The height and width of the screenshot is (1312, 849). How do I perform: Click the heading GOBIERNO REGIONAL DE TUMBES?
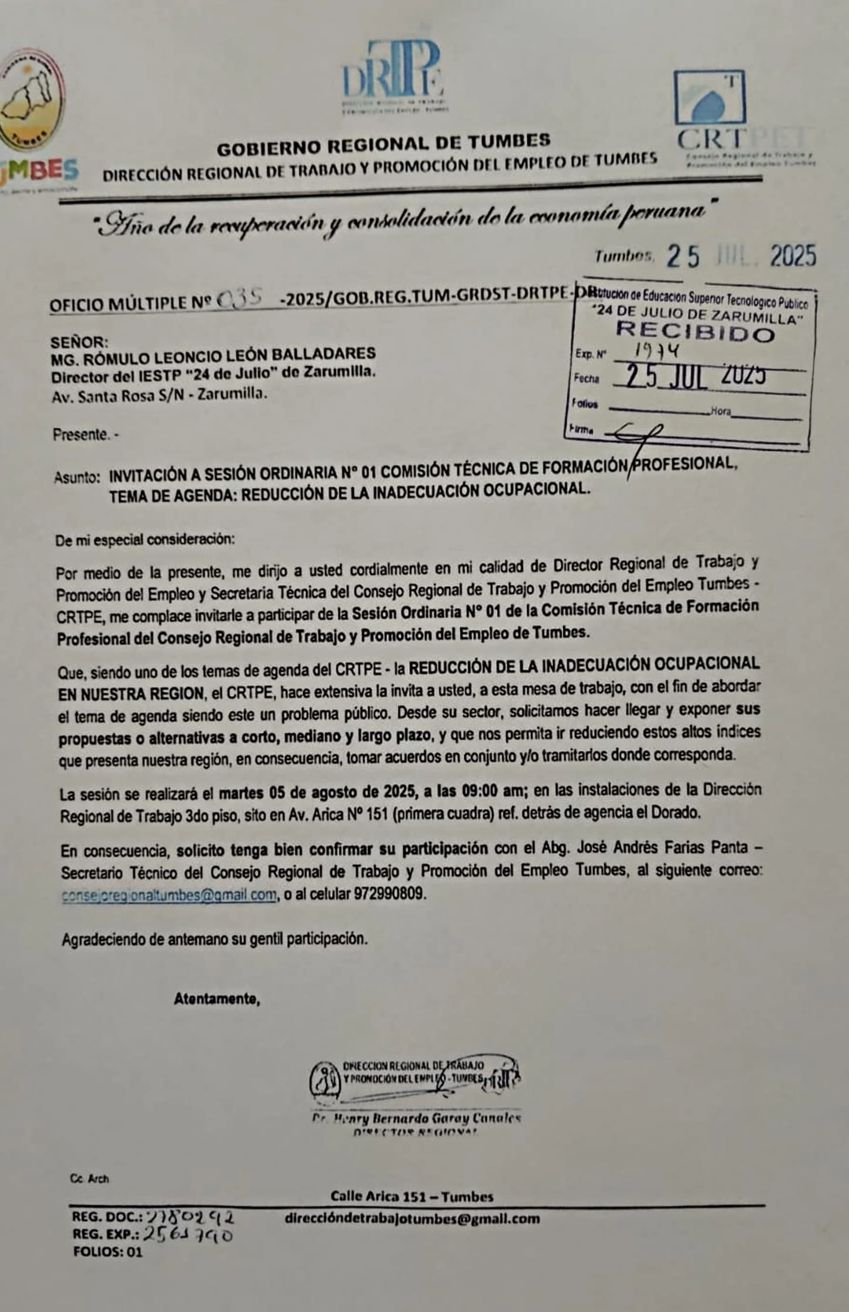[383, 145]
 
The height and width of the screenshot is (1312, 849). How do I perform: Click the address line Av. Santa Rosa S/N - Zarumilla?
[159, 395]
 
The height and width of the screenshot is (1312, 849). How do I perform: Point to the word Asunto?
[77, 477]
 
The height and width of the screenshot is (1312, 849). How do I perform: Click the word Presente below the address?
[81, 435]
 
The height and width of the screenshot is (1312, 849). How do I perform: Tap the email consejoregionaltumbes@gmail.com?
[169, 895]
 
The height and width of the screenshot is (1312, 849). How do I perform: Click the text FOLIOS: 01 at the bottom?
[108, 1252]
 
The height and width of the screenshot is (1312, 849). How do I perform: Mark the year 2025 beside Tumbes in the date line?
[792, 256]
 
